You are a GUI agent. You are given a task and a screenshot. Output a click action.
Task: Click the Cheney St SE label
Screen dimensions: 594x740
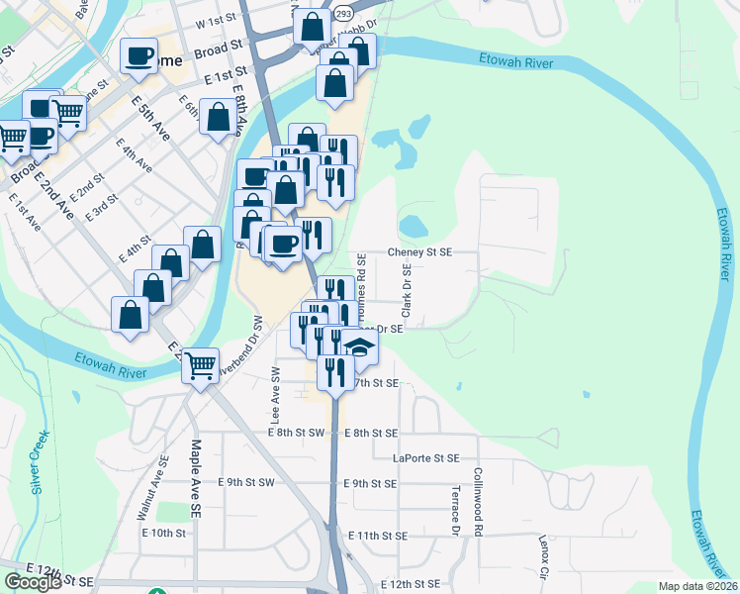(x=418, y=252)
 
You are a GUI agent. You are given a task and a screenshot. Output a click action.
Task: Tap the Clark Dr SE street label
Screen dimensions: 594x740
(x=406, y=285)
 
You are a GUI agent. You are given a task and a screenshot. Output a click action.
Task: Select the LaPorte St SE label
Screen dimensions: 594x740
(x=426, y=458)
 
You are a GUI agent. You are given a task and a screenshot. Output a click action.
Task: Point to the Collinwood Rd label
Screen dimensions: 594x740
(x=478, y=502)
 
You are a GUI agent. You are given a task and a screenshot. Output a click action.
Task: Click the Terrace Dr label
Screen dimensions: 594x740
(x=456, y=512)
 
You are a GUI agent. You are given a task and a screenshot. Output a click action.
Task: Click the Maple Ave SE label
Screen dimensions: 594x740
(x=197, y=469)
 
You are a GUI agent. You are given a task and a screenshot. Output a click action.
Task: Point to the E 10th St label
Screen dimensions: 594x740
(x=163, y=533)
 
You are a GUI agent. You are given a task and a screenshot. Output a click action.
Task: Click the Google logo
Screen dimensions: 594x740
(x=33, y=582)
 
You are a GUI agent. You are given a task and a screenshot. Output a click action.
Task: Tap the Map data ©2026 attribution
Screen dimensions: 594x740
(x=698, y=586)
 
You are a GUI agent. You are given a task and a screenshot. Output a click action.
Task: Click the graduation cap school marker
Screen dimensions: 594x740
(x=359, y=346)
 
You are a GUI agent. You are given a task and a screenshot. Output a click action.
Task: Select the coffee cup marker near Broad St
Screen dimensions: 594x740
(x=139, y=54)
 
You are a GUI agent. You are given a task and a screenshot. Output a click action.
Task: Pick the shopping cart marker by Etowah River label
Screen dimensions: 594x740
(x=201, y=365)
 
